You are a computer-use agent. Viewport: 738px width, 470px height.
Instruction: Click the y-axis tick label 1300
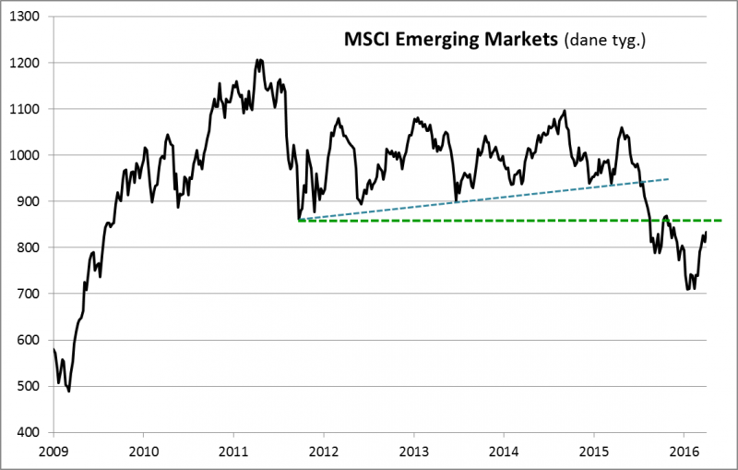26,17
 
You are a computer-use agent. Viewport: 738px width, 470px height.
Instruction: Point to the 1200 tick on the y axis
26,63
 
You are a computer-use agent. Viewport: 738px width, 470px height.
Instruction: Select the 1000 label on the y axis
26,155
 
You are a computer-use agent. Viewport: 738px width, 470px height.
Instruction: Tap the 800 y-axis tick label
30,247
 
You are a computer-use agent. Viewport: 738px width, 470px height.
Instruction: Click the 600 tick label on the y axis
30,340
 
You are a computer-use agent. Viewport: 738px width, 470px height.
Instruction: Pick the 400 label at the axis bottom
30,432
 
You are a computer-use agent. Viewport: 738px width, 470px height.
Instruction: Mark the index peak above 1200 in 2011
259,60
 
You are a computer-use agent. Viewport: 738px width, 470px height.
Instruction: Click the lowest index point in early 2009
69,392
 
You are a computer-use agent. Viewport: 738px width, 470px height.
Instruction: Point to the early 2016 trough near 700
688,290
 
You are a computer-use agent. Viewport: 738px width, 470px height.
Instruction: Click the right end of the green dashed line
720,221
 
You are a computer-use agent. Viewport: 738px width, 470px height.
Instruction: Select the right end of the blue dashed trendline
669,178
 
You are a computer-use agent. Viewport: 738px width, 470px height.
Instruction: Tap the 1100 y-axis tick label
26,109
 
